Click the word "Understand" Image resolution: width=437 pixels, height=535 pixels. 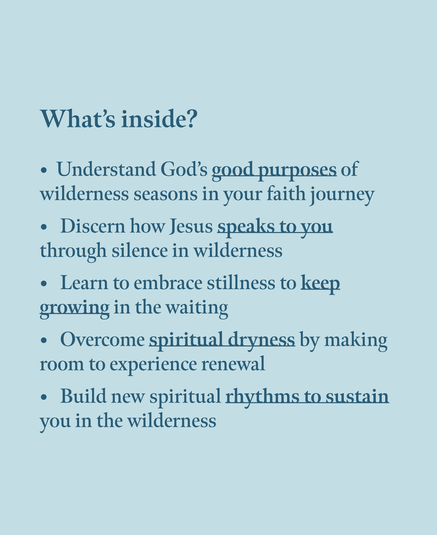[106, 169]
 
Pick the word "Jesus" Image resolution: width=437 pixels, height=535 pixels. [191, 226]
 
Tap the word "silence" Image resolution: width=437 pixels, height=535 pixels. [140, 251]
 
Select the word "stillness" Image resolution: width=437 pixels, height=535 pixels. [241, 283]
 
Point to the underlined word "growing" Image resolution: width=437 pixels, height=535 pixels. [75, 309]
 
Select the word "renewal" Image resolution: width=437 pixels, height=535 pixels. [233, 364]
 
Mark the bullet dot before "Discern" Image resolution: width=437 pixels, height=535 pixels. [44, 227]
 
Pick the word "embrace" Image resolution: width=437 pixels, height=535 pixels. [168, 283]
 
